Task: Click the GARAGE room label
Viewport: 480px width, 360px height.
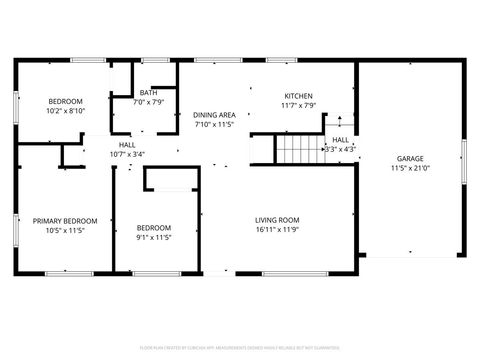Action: [410, 158]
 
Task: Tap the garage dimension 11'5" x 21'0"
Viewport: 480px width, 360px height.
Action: [410, 168]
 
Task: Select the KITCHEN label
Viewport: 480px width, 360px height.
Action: [298, 95]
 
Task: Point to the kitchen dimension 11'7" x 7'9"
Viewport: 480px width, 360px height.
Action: [298, 105]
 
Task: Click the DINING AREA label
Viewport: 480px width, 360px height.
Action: [214, 115]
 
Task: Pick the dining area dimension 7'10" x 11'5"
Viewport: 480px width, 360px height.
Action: [214, 125]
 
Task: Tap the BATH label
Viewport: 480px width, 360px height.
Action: [148, 92]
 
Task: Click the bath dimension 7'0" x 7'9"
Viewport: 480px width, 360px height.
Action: [148, 102]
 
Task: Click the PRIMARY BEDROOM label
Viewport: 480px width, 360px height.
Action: [65, 220]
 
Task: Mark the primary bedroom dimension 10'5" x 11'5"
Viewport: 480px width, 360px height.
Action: [65, 230]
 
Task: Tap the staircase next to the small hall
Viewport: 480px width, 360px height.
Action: [298, 150]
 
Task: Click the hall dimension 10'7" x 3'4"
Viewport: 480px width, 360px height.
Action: [127, 154]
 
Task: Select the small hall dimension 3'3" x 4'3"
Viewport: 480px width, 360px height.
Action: [340, 149]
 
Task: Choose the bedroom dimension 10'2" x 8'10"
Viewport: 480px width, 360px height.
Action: [65, 111]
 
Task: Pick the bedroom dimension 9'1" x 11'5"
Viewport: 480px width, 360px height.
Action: [154, 237]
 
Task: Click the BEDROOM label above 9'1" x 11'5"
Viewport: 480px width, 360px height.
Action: [154, 227]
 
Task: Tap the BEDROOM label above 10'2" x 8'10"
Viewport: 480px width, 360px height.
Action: [65, 101]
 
